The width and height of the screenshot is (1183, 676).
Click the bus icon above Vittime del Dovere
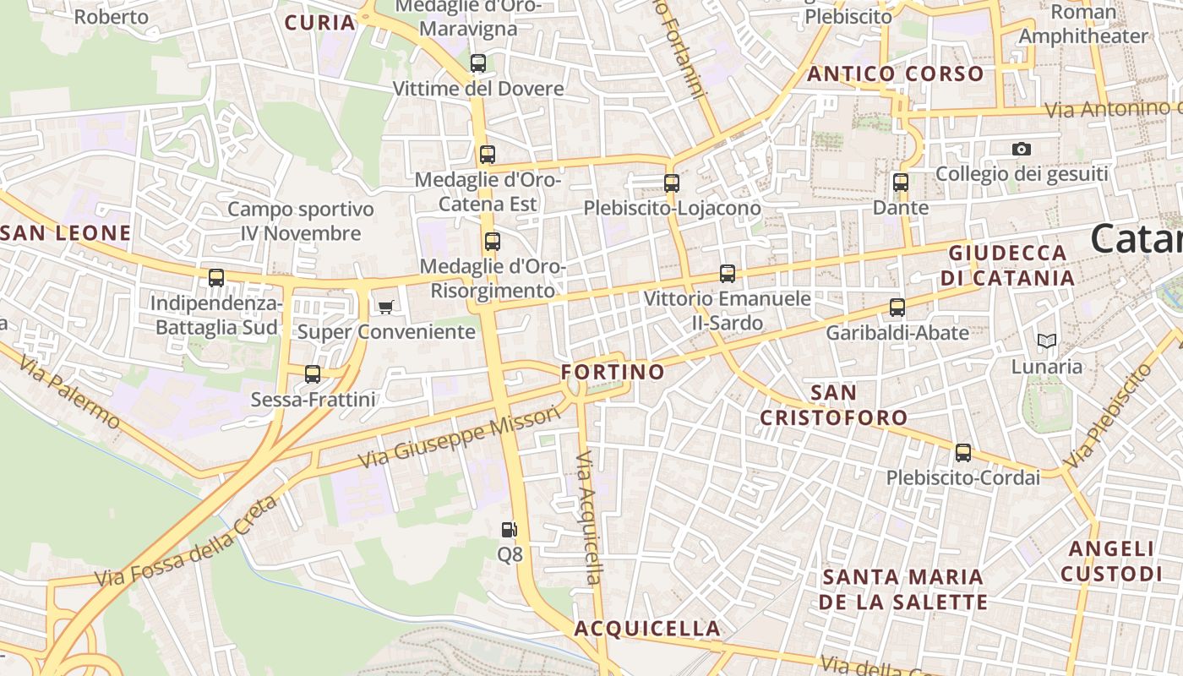pos(478,63)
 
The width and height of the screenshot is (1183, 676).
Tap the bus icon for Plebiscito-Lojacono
pos(672,183)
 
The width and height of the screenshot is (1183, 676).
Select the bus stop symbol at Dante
pos(901,182)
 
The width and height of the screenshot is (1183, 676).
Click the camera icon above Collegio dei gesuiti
pos(1022,150)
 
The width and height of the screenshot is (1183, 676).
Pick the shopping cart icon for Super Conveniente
pos(386,307)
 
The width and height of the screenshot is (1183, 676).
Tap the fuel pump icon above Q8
pos(509,530)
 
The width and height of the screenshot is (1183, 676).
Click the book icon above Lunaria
pos(1047,341)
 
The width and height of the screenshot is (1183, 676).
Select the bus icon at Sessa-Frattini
pos(313,374)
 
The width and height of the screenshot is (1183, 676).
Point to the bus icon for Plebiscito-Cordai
pos(963,453)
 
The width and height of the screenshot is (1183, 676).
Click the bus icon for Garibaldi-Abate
pos(897,308)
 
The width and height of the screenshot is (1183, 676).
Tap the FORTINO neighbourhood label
pos(613,372)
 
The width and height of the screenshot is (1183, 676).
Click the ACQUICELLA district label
pos(647,629)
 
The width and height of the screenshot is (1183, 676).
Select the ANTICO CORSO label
pos(896,74)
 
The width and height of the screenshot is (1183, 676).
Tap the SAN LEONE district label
pos(66,233)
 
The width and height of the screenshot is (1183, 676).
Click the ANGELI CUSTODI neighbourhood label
pos(1111,561)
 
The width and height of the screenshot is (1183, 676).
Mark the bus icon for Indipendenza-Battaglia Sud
pos(216,278)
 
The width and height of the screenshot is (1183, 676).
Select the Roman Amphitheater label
pos(1083,25)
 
